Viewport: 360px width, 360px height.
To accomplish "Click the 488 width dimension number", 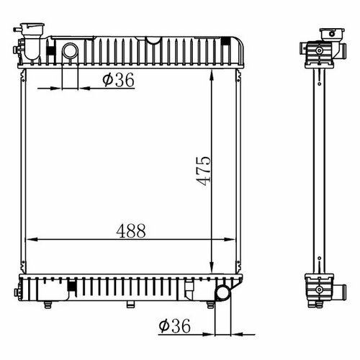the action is pos(131,231).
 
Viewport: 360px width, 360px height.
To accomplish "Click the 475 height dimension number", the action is pos(204,171).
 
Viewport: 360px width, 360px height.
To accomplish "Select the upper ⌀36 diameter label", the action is pos(118,80).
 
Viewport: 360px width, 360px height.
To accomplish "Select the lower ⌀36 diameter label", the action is pos(174,325).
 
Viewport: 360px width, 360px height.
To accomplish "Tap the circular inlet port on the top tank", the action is pos(70,51).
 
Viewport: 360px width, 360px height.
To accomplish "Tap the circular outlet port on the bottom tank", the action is pos(223,292).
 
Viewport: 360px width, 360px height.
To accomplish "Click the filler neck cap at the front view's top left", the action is pos(32,26).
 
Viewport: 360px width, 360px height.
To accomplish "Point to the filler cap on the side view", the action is pos(332,34).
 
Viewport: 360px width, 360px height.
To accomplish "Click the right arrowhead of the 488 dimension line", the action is pos(229,239).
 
